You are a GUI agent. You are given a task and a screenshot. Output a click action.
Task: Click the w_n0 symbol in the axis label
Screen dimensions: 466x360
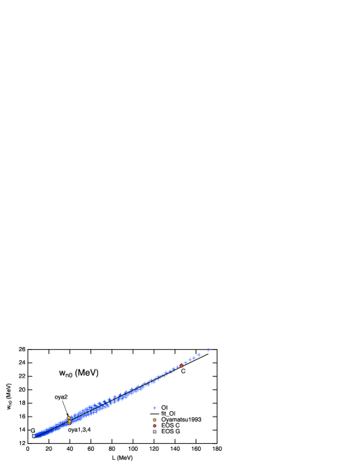point(65,373)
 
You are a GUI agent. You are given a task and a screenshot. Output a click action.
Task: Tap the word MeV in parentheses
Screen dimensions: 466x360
point(87,373)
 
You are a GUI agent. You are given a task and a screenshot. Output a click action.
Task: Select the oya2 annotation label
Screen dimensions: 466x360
point(61,397)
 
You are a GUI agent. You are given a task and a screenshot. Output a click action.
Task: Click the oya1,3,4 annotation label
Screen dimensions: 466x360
point(79,430)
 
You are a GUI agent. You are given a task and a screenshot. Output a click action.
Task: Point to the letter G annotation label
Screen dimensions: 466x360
point(33,431)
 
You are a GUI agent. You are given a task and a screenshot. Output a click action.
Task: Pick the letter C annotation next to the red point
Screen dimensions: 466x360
point(183,371)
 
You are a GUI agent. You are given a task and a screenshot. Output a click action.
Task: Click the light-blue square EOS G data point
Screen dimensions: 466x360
point(33,436)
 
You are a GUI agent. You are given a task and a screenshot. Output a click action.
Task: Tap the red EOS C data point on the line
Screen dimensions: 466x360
point(181,365)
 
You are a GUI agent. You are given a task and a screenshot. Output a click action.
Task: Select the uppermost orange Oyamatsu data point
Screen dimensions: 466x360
point(69,418)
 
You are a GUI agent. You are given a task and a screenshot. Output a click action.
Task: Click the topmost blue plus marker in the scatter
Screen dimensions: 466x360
point(208,348)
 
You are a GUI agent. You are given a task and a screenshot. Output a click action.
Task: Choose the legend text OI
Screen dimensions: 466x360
point(164,408)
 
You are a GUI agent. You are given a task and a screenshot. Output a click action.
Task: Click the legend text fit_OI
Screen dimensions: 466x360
point(168,413)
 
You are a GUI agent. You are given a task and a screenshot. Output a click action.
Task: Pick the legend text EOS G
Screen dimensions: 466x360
point(171,432)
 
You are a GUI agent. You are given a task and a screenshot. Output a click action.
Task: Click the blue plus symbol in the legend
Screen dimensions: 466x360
point(154,408)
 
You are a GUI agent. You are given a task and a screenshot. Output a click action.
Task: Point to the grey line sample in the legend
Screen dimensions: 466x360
point(154,413)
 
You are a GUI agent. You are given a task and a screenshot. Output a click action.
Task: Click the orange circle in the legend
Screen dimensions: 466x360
point(154,419)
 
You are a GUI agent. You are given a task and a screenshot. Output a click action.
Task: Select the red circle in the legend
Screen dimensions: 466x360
point(154,426)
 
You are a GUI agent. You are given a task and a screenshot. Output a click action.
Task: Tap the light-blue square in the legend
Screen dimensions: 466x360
point(154,432)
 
